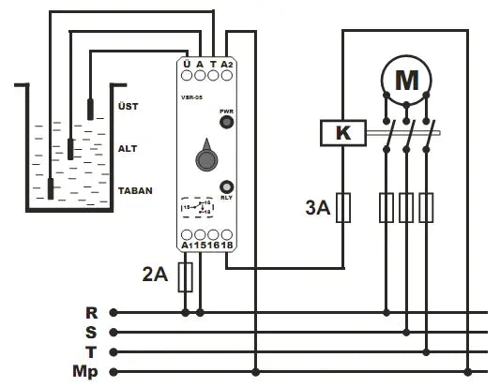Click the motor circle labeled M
406,81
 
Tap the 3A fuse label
317,208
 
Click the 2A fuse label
155,275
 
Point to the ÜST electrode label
128,106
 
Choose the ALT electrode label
128,148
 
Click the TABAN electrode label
135,190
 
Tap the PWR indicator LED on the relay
226,121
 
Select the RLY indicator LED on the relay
226,186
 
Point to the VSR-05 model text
193,94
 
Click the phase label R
92,312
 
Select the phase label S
92,332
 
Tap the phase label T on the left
92,352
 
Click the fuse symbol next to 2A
186,275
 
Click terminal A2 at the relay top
227,65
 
